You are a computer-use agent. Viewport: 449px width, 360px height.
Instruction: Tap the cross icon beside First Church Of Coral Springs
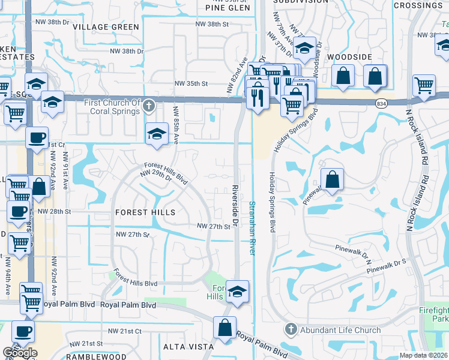pos(149,107)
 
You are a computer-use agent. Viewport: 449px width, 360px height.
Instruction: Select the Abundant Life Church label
pos(340,329)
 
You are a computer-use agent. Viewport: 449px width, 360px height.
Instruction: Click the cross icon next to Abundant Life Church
pos(291,329)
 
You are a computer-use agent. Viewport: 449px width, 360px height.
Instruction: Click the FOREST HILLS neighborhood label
pos(144,212)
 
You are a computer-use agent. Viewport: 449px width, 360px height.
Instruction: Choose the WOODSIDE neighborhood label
pos(350,56)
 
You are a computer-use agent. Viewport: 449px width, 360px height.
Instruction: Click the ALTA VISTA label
pos(188,347)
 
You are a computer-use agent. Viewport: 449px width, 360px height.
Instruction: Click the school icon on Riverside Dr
pos(238,292)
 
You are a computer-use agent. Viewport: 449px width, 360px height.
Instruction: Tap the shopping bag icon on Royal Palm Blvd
pos(224,328)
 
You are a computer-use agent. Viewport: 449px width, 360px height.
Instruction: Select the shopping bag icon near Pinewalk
pos(332,179)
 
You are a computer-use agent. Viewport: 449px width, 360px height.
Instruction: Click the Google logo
pos(20,353)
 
